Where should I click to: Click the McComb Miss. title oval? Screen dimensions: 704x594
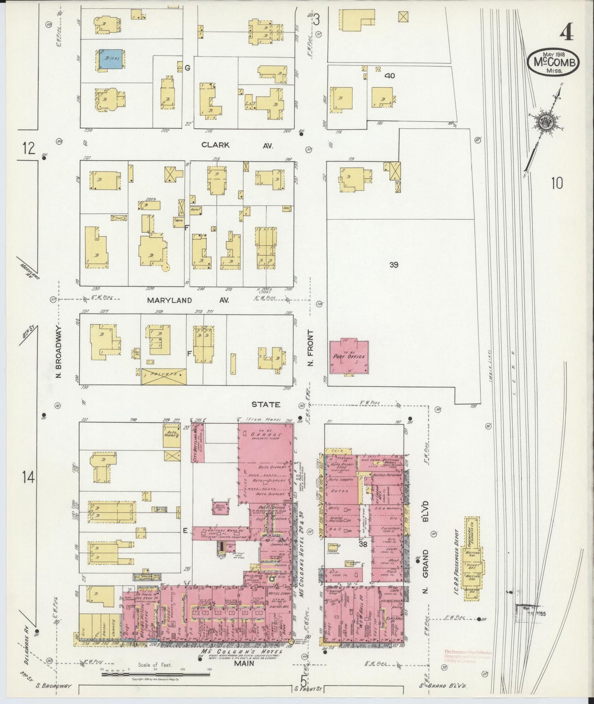(554, 63)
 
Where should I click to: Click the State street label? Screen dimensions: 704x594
(266, 404)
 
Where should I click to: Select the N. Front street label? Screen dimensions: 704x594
(310, 348)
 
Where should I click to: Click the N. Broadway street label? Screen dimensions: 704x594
(59, 352)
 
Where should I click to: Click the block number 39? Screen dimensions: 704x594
(393, 265)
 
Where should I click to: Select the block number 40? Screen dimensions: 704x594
(390, 76)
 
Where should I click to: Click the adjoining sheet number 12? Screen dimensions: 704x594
(28, 148)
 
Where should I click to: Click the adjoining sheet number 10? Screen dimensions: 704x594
(557, 184)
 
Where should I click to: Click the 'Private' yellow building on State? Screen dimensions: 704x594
(164, 376)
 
